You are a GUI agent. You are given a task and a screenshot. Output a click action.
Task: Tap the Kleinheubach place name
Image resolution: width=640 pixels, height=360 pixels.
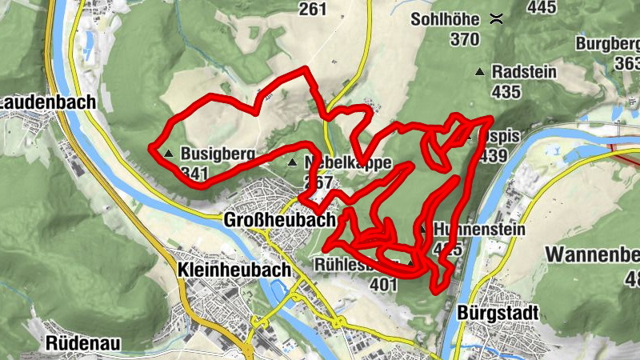click(234, 270)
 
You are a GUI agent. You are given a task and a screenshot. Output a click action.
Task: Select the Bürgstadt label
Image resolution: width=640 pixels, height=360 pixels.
click(500, 311)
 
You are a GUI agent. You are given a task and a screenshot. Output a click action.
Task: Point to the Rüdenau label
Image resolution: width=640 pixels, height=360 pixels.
click(83, 343)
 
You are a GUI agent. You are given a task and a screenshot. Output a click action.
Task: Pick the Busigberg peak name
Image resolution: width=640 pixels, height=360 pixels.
click(218, 154)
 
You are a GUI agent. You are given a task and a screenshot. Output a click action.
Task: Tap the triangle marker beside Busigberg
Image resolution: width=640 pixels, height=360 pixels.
click(168, 153)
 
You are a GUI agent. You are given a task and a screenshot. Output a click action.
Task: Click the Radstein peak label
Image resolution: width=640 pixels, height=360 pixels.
click(524, 71)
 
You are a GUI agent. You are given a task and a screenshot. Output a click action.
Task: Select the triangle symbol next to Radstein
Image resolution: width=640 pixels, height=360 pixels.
click(479, 72)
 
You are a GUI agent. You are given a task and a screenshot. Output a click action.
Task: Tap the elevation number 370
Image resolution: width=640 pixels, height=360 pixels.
click(463, 38)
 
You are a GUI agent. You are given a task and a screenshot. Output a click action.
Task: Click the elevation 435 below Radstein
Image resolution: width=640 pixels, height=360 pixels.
click(506, 92)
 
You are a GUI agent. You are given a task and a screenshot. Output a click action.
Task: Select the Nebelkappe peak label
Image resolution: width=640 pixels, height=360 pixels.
click(347, 162)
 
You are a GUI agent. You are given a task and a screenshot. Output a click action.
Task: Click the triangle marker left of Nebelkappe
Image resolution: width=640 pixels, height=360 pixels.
click(291, 162)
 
